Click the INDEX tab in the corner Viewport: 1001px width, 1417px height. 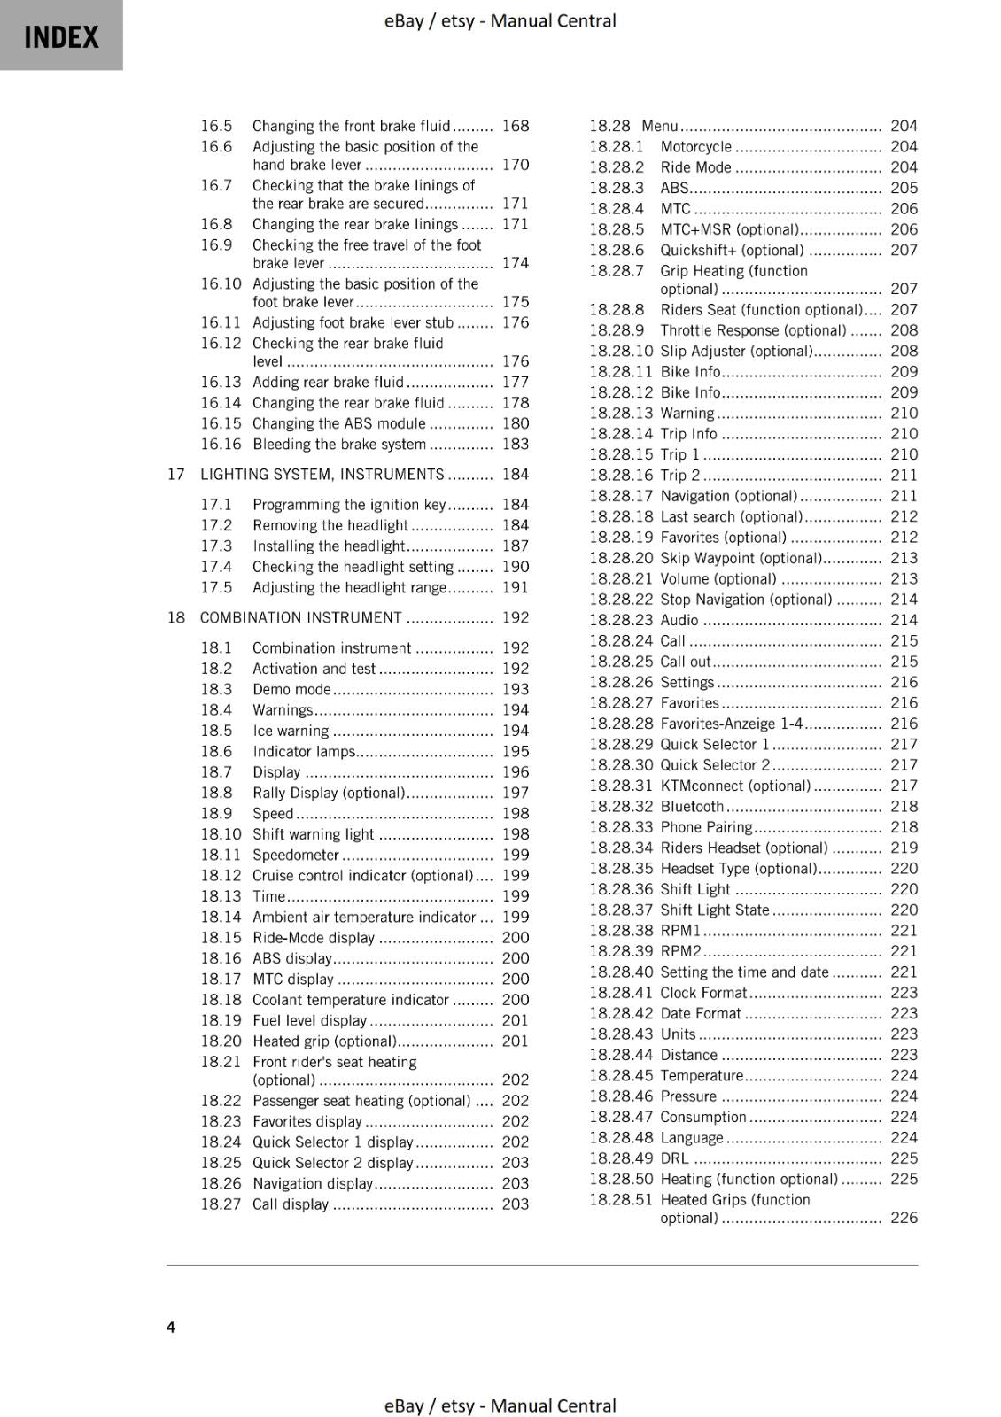[61, 35]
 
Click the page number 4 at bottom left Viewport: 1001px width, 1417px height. [171, 1327]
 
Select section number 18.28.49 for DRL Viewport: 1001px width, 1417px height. [621, 1158]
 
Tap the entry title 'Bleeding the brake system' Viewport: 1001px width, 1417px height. [339, 445]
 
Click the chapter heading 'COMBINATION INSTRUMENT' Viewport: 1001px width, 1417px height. [300, 617]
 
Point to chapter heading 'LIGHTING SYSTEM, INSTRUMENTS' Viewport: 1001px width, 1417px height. [322, 475]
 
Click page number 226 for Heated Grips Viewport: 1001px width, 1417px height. [904, 1218]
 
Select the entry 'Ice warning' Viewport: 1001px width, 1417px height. [291, 731]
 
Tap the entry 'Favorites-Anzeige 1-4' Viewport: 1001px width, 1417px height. [731, 724]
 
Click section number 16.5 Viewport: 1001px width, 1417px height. [216, 126]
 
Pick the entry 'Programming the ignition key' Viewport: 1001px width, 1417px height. [349, 505]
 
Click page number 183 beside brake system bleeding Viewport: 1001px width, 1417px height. [515, 445]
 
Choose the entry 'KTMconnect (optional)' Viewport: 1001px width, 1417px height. [735, 786]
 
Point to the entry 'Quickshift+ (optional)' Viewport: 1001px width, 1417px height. [732, 251]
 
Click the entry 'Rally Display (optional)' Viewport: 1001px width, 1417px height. [329, 793]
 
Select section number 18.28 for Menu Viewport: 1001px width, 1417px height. [609, 126]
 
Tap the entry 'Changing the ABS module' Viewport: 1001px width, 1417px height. [338, 423]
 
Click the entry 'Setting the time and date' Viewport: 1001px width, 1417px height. [744, 972]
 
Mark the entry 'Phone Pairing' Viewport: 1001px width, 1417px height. [706, 827]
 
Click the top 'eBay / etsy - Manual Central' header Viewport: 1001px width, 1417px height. [500, 20]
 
